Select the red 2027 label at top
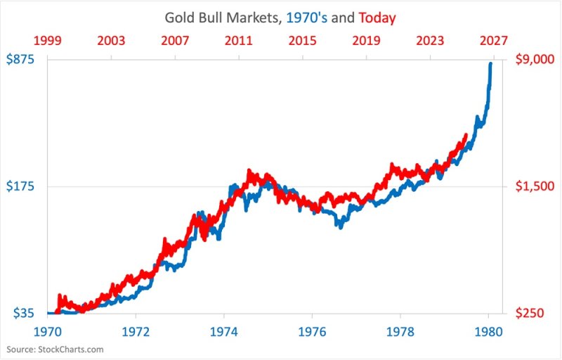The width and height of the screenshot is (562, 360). (493, 40)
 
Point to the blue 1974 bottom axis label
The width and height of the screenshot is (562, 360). (224, 330)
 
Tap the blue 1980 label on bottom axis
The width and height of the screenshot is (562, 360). (488, 330)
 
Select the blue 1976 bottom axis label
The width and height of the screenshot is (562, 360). (312, 330)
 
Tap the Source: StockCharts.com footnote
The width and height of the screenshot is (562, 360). (55, 349)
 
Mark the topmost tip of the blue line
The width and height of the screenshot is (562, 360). (490, 63)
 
